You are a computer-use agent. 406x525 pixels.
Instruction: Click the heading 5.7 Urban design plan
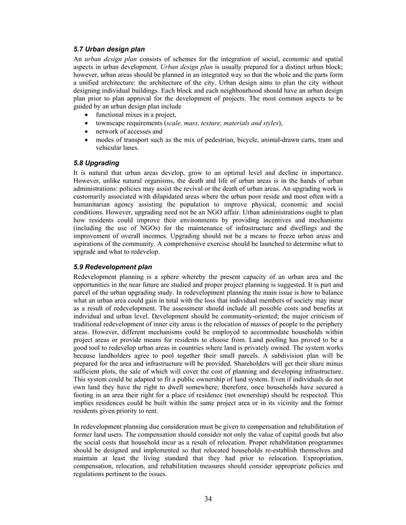[x=109, y=49]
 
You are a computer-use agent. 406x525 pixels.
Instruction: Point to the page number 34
[x=208, y=497]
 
